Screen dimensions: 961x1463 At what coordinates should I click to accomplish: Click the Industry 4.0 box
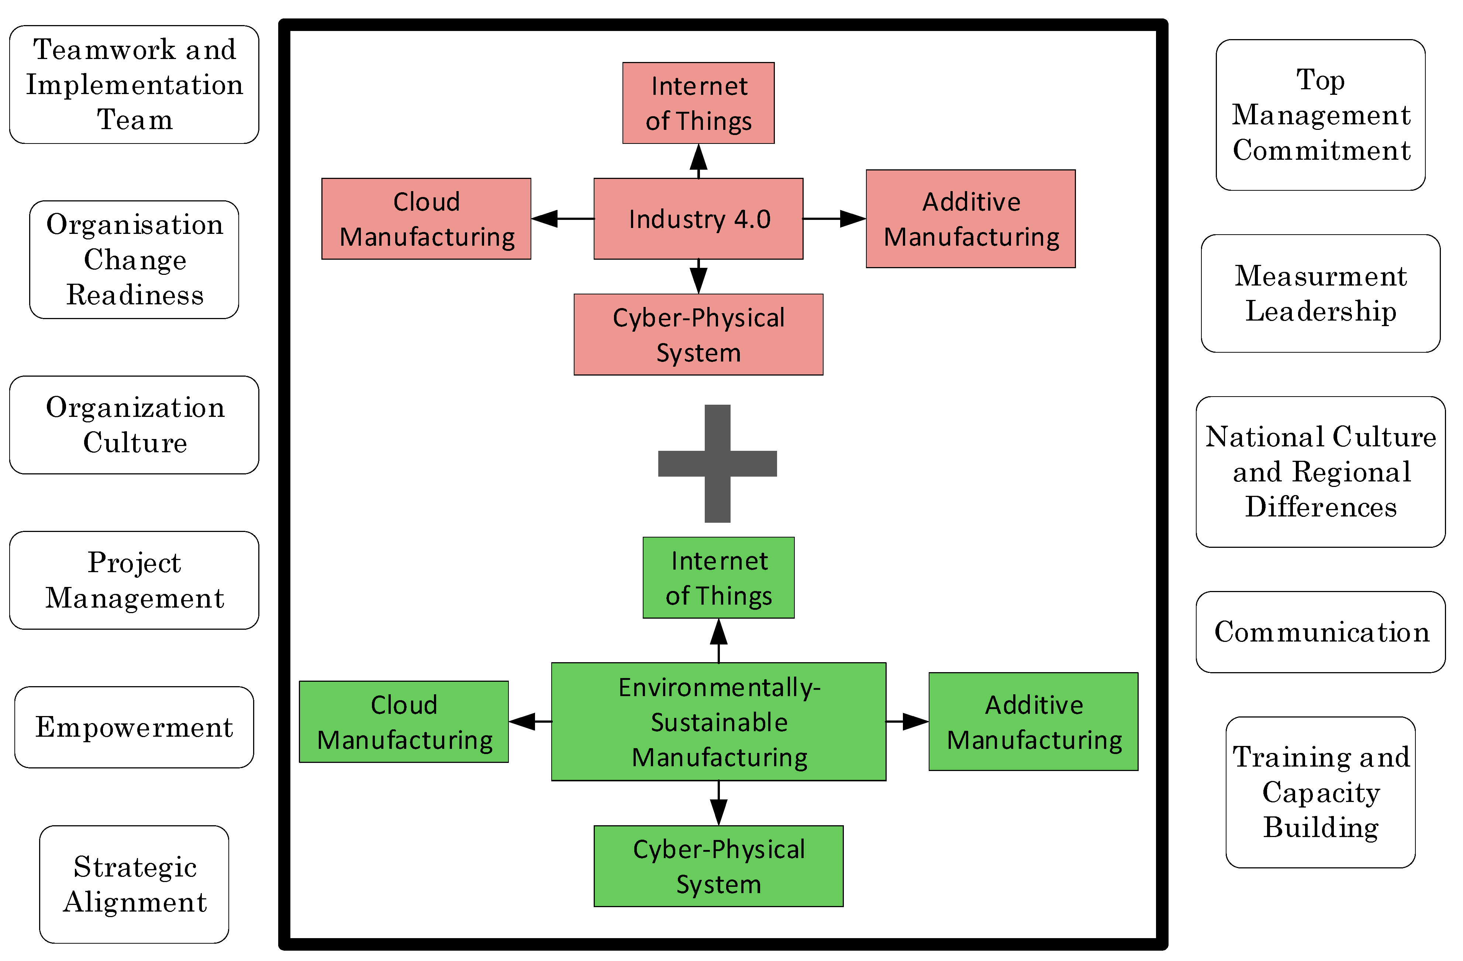698,219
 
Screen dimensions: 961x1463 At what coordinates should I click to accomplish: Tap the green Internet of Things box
719,578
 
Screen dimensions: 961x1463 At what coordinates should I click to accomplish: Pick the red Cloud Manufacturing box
426,219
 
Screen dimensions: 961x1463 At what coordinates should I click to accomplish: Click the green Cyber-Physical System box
719,866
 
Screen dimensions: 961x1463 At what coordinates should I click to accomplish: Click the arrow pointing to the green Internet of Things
719,640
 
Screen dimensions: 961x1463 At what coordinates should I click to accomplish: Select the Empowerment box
134,727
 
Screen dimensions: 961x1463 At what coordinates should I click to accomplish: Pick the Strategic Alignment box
134,884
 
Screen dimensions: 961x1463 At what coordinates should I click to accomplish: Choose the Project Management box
134,580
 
